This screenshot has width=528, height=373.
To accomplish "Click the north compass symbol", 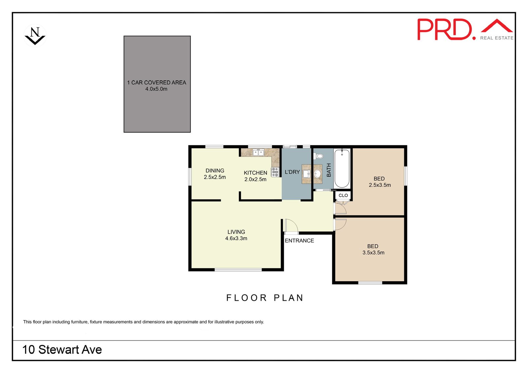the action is click(x=35, y=36).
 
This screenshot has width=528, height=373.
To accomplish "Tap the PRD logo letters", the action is click(x=446, y=29).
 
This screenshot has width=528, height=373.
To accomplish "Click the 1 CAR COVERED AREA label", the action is click(x=156, y=82).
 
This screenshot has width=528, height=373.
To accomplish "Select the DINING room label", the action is click(x=215, y=171).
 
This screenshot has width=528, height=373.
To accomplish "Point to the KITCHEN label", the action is click(x=255, y=173).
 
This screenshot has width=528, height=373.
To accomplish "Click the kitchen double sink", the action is click(x=258, y=153).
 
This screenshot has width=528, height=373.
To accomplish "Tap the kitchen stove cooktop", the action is click(x=275, y=172).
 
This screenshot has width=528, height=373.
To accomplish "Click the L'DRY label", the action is click(x=292, y=172).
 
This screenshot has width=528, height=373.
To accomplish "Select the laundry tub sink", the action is click(x=307, y=174).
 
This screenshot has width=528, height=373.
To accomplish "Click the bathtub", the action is click(x=342, y=169).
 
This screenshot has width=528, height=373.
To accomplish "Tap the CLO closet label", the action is click(x=343, y=195).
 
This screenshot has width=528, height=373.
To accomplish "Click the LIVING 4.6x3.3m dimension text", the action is click(x=236, y=238).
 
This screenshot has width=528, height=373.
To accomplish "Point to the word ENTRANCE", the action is click(x=299, y=240).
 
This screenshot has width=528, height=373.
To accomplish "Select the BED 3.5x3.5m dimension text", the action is click(x=373, y=253).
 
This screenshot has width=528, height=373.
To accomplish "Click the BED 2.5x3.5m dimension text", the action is click(x=380, y=185).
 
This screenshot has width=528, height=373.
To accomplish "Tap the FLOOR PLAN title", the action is click(x=265, y=298).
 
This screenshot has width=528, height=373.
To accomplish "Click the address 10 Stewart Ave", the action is click(x=62, y=350).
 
